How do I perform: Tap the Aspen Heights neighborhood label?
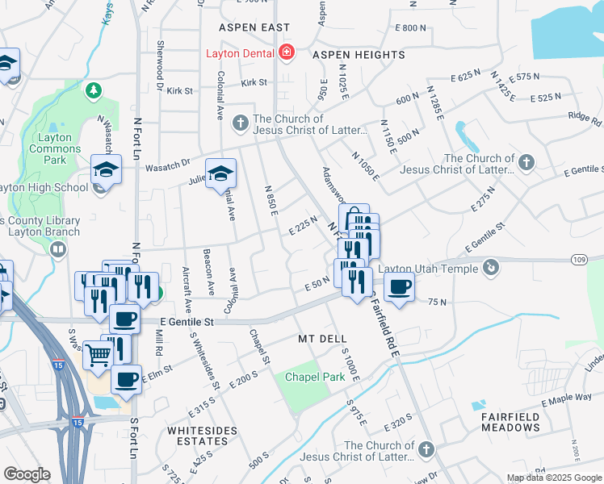(359, 55)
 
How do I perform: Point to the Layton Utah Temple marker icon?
(491, 267)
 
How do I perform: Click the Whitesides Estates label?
(198, 436)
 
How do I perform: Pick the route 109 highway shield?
(577, 260)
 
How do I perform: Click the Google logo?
(27, 474)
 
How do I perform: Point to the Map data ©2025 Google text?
(553, 478)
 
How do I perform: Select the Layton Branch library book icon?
(57, 248)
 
